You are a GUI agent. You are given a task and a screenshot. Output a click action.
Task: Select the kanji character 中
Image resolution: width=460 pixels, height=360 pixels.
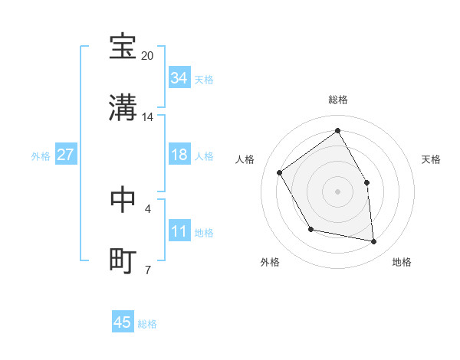pyautogui.click(x=123, y=198)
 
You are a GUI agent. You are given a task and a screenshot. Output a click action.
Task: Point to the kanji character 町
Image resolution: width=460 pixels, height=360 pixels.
pyautogui.click(x=123, y=260)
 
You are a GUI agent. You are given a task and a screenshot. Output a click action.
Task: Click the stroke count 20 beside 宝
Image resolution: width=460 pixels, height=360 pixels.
pyautogui.click(x=148, y=56)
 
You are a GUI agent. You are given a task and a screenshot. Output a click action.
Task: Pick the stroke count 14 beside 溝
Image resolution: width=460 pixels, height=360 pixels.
pyautogui.click(x=148, y=117)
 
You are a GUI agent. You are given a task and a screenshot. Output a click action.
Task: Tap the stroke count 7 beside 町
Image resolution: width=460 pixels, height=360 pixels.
pyautogui.click(x=148, y=270)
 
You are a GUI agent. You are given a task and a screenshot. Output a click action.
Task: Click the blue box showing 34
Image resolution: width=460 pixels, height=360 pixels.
pyautogui.click(x=179, y=78)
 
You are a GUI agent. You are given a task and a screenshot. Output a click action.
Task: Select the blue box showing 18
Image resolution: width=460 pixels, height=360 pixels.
pyautogui.click(x=179, y=155)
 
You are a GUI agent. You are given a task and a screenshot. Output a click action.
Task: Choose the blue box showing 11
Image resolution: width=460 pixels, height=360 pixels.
pyautogui.click(x=179, y=231)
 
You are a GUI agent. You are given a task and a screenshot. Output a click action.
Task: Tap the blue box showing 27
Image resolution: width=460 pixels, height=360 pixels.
pyautogui.click(x=66, y=155)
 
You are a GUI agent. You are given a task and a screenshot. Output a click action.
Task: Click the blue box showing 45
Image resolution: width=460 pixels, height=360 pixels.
pyautogui.click(x=123, y=322)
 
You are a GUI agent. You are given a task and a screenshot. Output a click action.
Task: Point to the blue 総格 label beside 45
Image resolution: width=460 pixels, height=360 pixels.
pyautogui.click(x=147, y=324)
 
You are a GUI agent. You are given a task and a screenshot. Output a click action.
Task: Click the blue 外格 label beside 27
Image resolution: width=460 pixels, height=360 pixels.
pyautogui.click(x=41, y=155)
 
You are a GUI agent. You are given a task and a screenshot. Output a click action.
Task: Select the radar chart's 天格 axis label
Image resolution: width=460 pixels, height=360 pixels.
pyautogui.click(x=431, y=159)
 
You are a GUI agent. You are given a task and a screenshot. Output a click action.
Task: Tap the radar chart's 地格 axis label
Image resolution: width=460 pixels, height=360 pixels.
pyautogui.click(x=402, y=262)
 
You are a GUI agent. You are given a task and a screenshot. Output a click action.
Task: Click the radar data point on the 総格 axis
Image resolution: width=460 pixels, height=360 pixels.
pyautogui.click(x=337, y=131)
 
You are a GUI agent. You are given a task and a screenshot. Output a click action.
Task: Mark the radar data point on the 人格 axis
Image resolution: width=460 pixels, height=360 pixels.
pyautogui.click(x=280, y=172)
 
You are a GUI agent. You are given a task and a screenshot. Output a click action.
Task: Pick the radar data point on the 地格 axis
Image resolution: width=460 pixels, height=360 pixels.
pyautogui.click(x=373, y=241)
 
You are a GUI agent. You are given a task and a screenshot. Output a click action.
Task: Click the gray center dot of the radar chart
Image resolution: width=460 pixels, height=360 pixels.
pyautogui.click(x=337, y=191)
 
